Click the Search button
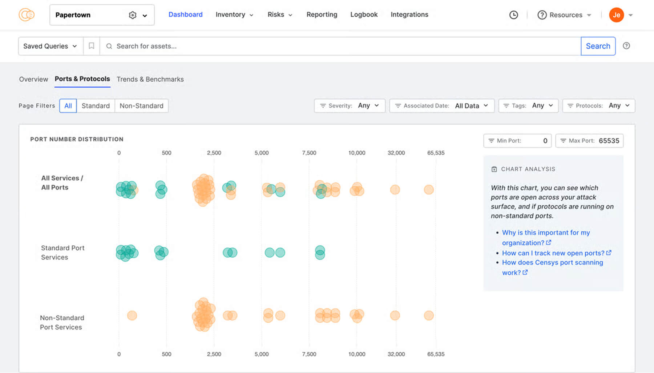(598, 46)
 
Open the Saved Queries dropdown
(50, 46)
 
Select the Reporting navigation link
(322, 15)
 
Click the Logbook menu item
(364, 15)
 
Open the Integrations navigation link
(409, 15)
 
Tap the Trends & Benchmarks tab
(150, 79)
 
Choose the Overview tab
(33, 79)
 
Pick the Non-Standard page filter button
(141, 106)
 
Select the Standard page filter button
(96, 106)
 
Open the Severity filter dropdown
(350, 106)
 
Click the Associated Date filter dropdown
(441, 106)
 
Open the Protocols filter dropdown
(598, 106)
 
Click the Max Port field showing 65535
(589, 141)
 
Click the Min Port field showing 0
(517, 141)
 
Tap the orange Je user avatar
(616, 15)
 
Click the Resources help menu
(565, 15)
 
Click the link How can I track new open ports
(553, 253)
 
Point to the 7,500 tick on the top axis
(309, 153)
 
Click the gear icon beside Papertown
(133, 15)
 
